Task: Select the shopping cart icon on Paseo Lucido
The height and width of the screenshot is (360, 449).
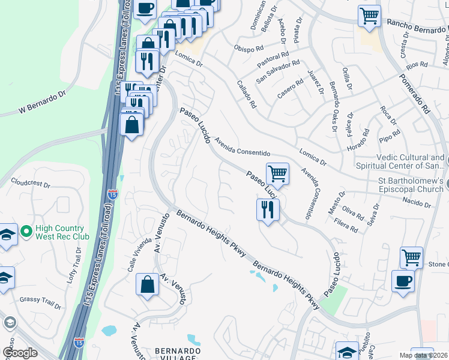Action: (x=277, y=174)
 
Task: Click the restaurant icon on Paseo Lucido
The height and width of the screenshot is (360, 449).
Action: (x=267, y=209)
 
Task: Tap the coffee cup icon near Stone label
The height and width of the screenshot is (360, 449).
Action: (x=403, y=281)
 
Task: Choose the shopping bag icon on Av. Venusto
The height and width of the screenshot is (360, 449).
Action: (x=147, y=285)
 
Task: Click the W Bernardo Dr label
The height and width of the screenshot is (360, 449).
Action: (x=41, y=103)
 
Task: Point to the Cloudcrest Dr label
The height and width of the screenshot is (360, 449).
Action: (x=31, y=182)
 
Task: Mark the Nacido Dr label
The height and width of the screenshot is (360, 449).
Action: (x=418, y=205)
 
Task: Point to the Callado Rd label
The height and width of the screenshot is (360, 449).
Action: (x=247, y=94)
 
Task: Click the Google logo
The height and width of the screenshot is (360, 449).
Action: (x=20, y=353)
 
